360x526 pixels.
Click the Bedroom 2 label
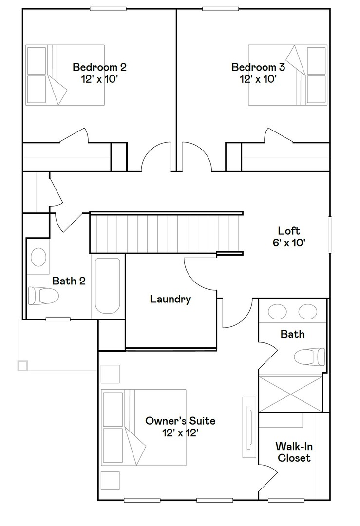point(99,67)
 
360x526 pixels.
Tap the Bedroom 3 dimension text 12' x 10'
point(258,78)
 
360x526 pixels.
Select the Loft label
point(289,231)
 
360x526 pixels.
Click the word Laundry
point(170,299)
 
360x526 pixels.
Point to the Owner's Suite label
point(180,420)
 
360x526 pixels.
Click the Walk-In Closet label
point(293,452)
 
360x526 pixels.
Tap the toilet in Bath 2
point(43,295)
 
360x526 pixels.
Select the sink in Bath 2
point(38,257)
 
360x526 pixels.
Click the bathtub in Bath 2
point(107,285)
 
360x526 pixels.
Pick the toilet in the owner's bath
point(310,356)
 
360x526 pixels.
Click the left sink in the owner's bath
point(278,311)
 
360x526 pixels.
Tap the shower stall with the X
point(290,393)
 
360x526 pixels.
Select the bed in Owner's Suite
point(144,427)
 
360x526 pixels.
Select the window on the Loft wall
point(330,235)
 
